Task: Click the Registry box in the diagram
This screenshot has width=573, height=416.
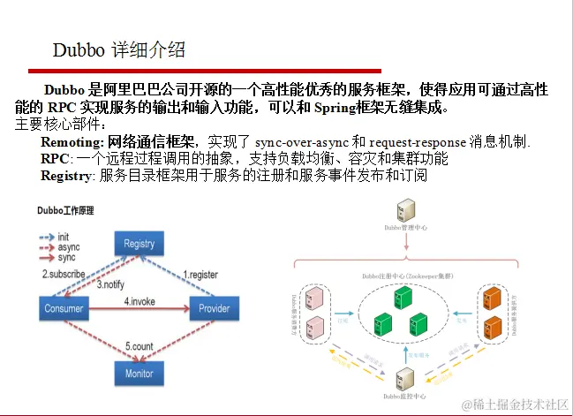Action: pyautogui.click(x=139, y=244)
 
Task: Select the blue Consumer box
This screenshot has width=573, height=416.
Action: pyautogui.click(x=64, y=308)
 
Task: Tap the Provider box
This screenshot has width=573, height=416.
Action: pyautogui.click(x=215, y=308)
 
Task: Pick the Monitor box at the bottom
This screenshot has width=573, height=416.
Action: pyautogui.click(x=139, y=373)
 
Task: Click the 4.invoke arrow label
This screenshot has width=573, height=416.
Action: pyautogui.click(x=139, y=301)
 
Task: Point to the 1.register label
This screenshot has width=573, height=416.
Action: pyautogui.click(x=200, y=275)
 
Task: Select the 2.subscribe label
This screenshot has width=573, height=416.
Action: pyautogui.click(x=64, y=275)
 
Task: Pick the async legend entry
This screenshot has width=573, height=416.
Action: pyautogui.click(x=66, y=247)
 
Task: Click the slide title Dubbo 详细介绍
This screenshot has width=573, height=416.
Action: pyautogui.click(x=119, y=50)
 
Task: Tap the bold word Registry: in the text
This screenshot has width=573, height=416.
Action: pyautogui.click(x=68, y=176)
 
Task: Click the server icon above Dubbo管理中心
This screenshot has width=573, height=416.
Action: pyautogui.click(x=407, y=210)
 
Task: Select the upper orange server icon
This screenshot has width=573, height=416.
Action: pyautogui.click(x=491, y=298)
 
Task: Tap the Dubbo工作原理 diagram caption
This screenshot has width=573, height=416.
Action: pyautogui.click(x=65, y=211)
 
